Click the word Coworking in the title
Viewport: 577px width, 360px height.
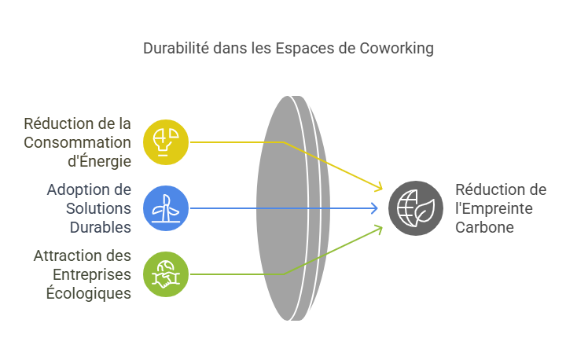coord(397,49)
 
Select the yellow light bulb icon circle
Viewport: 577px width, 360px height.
coord(166,142)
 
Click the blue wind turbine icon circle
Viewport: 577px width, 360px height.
coord(166,208)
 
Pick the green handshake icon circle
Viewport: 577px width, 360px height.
coord(166,274)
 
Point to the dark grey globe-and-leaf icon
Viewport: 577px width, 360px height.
coord(416,208)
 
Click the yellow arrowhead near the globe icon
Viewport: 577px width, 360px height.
coord(379,187)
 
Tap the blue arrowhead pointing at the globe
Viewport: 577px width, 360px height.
coord(374,208)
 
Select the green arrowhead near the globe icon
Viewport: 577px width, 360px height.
coord(379,230)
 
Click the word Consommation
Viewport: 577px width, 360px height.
coord(77,142)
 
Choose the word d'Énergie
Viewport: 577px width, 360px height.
coord(99,161)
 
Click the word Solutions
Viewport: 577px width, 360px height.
coord(98,209)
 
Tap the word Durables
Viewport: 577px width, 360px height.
coord(101,227)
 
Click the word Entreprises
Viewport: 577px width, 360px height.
coord(92,275)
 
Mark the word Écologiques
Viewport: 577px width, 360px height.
coord(89,294)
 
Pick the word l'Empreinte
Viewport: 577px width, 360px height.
coord(494,209)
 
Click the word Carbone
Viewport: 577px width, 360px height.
coord(484,227)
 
